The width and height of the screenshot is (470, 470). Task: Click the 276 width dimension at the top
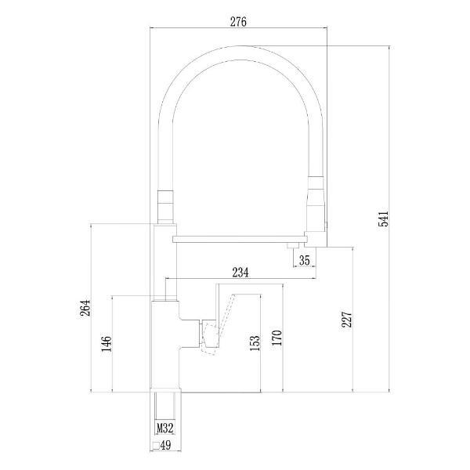tap(238, 22)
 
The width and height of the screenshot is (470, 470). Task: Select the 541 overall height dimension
tap(383, 219)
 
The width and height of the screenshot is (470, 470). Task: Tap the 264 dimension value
tap(85, 308)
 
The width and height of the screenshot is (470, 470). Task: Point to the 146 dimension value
tap(107, 344)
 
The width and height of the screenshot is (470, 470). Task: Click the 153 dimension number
tap(255, 343)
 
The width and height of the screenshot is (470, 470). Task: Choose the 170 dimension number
tap(277, 338)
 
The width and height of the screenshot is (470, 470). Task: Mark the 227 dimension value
tap(346, 319)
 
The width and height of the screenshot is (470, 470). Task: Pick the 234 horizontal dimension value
tap(240, 273)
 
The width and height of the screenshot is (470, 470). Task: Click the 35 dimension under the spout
tap(304, 260)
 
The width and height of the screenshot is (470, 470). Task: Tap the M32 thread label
tap(165, 428)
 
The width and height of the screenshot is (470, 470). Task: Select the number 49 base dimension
tap(165, 445)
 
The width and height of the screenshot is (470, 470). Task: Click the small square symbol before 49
tap(156, 446)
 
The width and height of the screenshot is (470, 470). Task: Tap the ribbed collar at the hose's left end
tap(165, 207)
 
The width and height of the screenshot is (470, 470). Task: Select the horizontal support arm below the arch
tap(240, 239)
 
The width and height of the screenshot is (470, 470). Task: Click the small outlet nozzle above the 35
tap(293, 245)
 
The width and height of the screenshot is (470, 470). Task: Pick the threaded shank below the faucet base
tap(164, 406)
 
